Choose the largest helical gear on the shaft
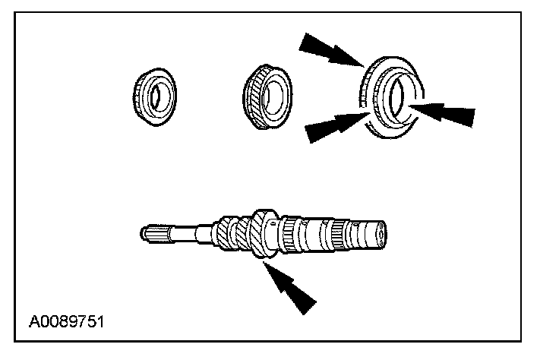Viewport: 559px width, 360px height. [x=264, y=234]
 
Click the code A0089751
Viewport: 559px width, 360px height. [x=67, y=322]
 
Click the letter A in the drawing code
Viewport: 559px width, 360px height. [x=35, y=322]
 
